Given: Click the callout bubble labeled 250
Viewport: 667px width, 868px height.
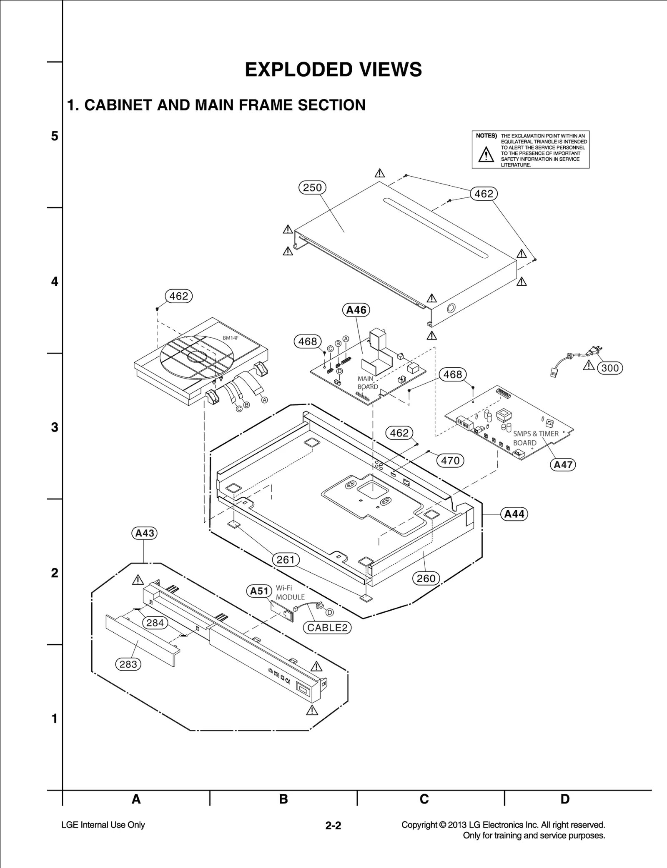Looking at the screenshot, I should coord(312,188).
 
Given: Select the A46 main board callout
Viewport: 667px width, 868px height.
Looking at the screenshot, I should coord(356,310).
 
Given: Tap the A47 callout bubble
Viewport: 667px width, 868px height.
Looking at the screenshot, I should coord(563,464).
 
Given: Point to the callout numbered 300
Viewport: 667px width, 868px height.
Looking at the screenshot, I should coord(610,368).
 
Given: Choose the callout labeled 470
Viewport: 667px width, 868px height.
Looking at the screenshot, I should coord(450,461).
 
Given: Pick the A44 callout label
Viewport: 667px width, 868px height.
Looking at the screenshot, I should coord(514,514).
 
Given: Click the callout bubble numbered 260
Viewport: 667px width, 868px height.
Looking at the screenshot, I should coord(426,579).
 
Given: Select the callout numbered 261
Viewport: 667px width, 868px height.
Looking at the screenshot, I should coord(286,560).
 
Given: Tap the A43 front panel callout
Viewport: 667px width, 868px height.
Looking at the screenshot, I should coord(145,533).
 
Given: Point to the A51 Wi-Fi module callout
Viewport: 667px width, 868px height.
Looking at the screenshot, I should coord(259,591).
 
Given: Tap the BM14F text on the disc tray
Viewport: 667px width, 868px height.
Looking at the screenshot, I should coord(231,338).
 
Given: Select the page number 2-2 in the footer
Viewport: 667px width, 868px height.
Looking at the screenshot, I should coord(333,826).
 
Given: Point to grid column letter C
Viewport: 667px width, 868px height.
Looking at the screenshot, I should coord(424,799).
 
